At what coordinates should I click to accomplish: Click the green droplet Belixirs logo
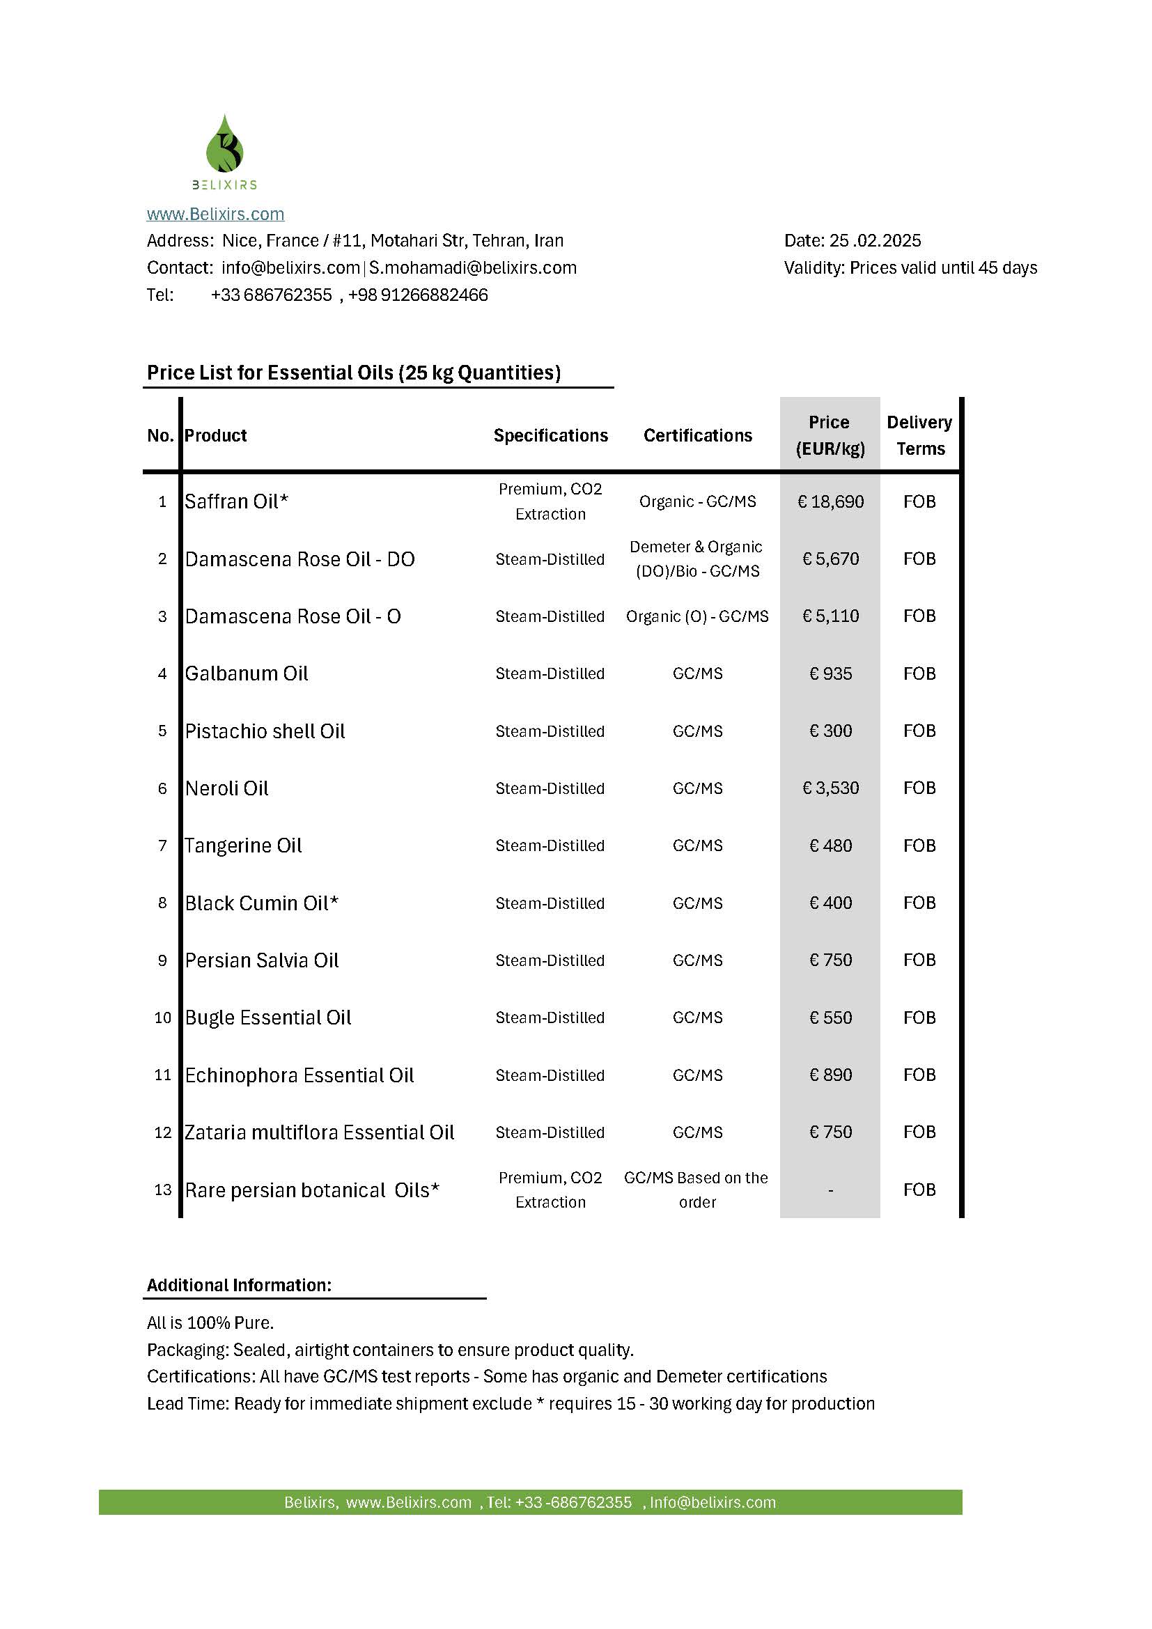[x=224, y=145]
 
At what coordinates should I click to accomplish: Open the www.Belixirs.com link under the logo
[x=215, y=214]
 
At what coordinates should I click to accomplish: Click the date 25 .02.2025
[x=875, y=240]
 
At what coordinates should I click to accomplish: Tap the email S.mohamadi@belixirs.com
[x=472, y=267]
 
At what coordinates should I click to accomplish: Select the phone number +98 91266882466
[x=418, y=295]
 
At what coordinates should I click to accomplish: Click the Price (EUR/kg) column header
[x=830, y=435]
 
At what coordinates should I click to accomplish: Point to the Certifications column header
[x=697, y=435]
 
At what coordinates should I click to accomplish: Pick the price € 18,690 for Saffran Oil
[x=830, y=501]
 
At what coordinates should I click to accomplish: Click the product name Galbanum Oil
[x=246, y=673]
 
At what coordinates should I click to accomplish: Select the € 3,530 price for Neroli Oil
[x=830, y=788]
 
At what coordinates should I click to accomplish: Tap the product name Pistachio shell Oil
[x=265, y=731]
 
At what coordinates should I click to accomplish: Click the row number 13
[x=162, y=1190]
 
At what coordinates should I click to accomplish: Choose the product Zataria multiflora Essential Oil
[x=319, y=1132]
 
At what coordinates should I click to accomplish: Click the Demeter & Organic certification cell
[x=696, y=559]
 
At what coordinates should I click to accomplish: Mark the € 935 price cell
[x=830, y=673]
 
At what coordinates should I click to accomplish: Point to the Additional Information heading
[x=239, y=1285]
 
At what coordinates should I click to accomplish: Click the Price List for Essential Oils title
[x=353, y=373]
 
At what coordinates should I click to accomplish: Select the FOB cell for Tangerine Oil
[x=919, y=845]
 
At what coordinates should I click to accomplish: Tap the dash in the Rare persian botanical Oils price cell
[x=830, y=1190]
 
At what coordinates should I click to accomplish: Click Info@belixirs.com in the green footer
[x=713, y=1502]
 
